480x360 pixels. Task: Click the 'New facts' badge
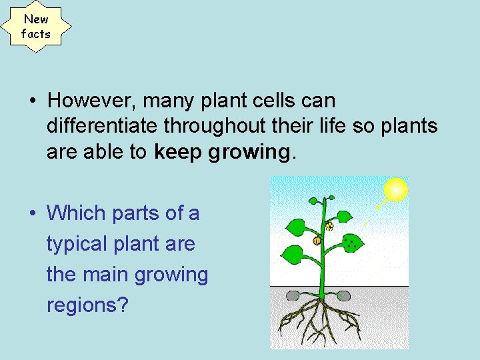(35, 27)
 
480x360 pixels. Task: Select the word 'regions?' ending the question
(87, 305)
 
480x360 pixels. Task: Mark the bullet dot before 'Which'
(32, 214)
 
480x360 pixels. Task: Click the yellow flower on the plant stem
(329, 227)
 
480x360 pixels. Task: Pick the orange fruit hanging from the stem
(317, 241)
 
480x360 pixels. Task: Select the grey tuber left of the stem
(293, 295)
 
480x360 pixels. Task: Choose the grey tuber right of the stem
(343, 295)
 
